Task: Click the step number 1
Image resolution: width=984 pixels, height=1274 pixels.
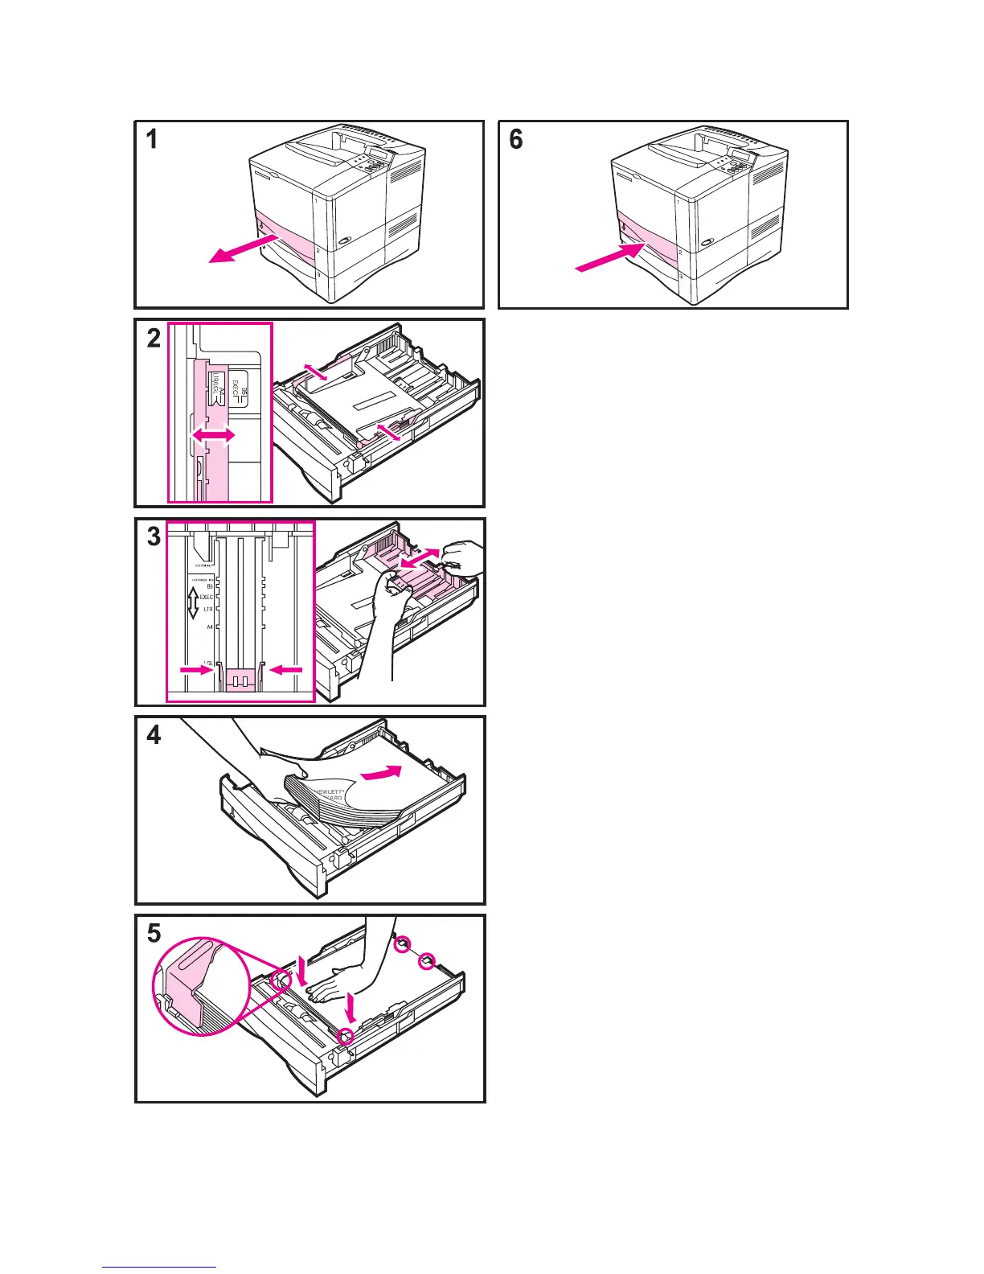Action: tap(151, 140)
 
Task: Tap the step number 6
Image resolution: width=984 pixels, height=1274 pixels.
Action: tap(516, 140)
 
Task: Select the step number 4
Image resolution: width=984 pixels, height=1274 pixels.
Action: tap(153, 735)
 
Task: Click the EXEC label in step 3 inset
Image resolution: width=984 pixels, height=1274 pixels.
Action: tap(207, 598)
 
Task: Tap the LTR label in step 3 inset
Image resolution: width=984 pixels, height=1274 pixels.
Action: tap(207, 610)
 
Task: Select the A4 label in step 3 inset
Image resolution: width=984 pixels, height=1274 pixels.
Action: tap(209, 627)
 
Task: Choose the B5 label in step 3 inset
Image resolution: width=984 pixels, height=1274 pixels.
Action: tap(210, 586)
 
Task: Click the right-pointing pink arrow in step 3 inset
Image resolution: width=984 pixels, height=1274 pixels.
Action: tap(195, 668)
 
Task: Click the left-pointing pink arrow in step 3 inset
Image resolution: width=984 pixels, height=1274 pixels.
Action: tap(289, 668)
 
